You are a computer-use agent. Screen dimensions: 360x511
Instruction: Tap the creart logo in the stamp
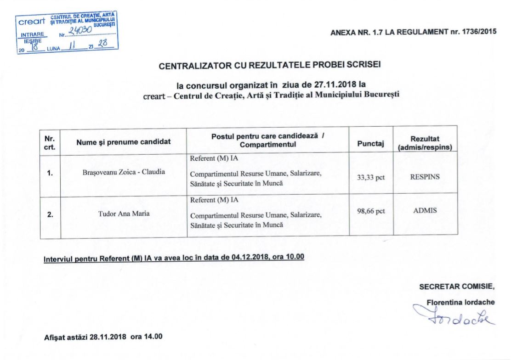pos(32,21)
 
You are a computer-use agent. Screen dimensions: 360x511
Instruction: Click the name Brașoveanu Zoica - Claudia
pos(123,172)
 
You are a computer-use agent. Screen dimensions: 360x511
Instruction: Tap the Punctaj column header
pos(370,144)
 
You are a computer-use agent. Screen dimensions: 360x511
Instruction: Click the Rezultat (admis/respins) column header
pos(425,143)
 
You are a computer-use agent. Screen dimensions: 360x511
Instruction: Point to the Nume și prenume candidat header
pos(123,142)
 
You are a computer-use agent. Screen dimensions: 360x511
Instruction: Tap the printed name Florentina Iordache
pos(460,302)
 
